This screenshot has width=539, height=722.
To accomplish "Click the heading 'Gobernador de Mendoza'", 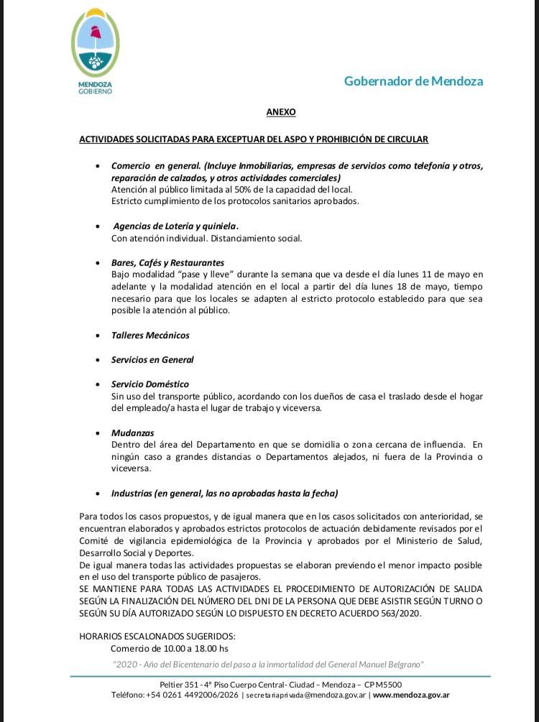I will pos(413,81).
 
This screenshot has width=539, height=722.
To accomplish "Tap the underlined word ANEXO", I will pos(281,113).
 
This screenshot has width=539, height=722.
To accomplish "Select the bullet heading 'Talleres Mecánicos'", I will pos(150,335).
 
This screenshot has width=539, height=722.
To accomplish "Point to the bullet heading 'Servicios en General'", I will pos(152,360).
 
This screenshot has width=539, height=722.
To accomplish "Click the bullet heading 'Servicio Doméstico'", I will pos(150,384).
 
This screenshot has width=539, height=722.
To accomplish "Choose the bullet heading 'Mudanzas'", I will pos(133,433).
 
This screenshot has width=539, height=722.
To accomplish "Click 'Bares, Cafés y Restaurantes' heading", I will pos(167,263).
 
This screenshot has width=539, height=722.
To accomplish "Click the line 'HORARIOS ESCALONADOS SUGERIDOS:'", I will pos(157,637).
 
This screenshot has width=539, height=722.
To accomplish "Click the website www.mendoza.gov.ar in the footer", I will pos(411,695).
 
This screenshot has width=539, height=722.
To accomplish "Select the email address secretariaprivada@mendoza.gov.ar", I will pos(308,695).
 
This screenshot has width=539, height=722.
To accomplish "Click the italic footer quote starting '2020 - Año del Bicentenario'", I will pos(269,665).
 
